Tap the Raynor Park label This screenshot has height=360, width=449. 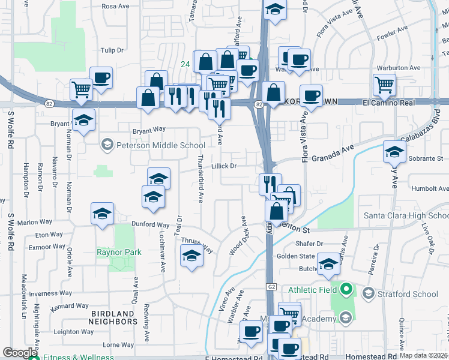(x=119, y=252)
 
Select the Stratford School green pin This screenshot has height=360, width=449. (x=368, y=293)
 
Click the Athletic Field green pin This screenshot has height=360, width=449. (x=345, y=290)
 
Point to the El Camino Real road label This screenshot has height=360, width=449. (x=389, y=103)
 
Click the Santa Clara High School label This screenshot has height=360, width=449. (x=406, y=215)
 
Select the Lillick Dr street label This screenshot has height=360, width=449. (x=224, y=166)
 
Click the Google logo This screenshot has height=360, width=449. (x=20, y=353)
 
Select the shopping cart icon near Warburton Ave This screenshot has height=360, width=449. (x=384, y=85)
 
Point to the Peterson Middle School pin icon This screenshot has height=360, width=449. (x=107, y=145)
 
